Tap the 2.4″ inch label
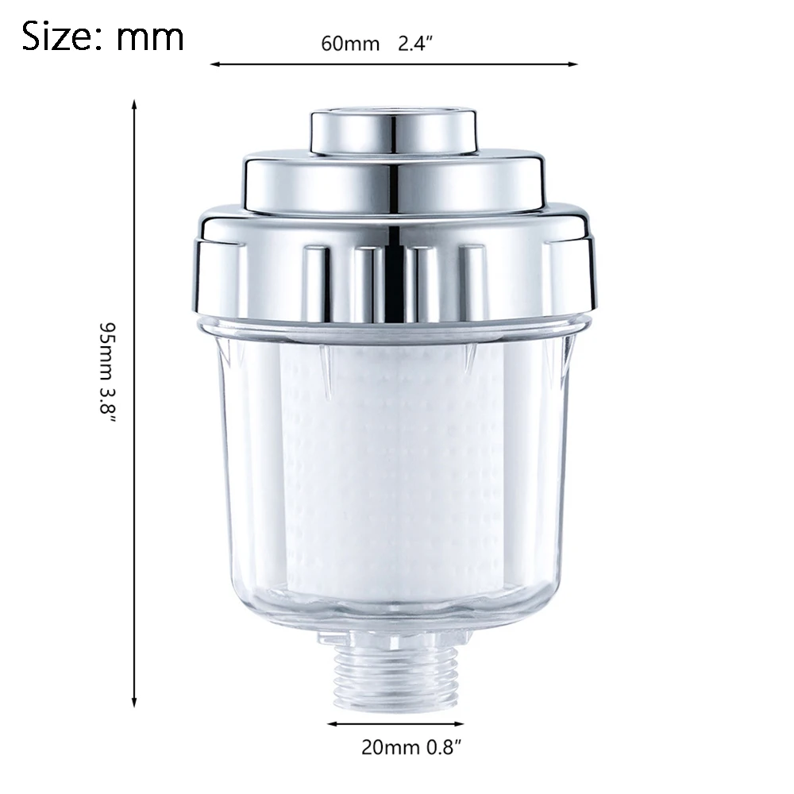pos(416,44)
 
